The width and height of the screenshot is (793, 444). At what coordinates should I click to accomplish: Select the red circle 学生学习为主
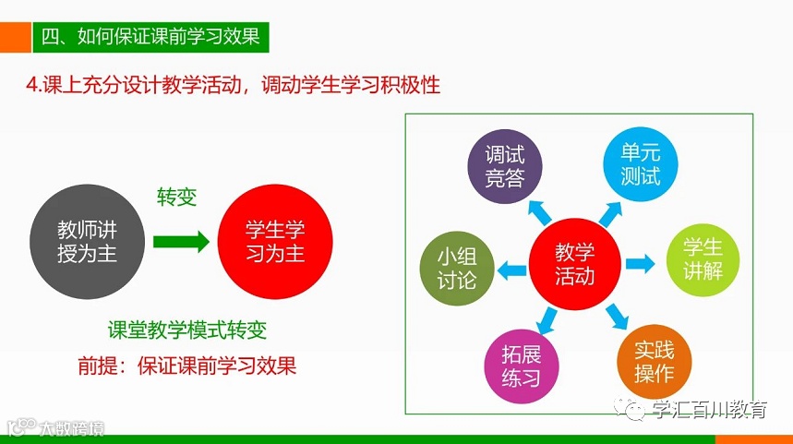click(275, 241)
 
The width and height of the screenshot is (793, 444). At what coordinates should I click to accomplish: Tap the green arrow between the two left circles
click(181, 242)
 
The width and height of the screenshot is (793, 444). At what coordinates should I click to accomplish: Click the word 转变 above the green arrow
click(177, 198)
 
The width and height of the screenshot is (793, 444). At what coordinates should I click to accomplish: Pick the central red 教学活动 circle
click(574, 263)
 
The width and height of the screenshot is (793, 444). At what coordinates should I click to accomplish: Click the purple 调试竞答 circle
click(504, 167)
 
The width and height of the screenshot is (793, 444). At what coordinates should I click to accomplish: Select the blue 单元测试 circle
click(640, 164)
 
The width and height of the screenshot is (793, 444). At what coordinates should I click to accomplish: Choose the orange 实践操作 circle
click(654, 361)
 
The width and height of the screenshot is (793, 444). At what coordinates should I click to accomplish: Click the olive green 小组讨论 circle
click(456, 268)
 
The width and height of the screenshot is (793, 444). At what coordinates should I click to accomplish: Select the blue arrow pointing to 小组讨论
click(511, 269)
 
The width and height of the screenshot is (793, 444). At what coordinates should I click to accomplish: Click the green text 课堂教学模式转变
click(187, 330)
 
